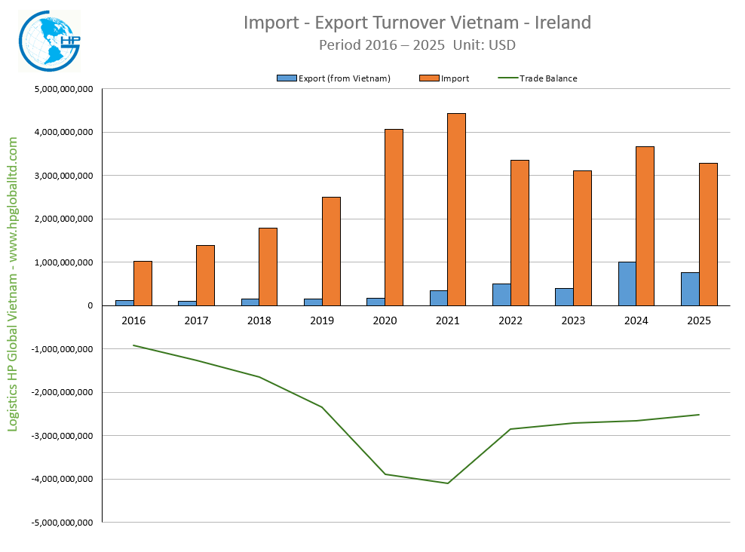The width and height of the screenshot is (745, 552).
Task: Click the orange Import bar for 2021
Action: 456,210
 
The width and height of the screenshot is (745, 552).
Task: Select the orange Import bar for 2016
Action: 143,284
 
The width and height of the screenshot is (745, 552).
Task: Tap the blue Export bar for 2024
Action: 627,284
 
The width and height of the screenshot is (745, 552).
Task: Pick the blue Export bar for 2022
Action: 501,295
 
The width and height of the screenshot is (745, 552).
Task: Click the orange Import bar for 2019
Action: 331,251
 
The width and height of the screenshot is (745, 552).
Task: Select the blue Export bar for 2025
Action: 689,289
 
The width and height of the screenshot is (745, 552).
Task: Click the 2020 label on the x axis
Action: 385,320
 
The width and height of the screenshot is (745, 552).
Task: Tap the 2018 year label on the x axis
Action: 259,320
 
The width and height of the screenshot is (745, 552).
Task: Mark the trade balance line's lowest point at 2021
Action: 448,483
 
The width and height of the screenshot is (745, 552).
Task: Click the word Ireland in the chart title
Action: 563,23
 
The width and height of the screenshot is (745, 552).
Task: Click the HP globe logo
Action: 48,41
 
